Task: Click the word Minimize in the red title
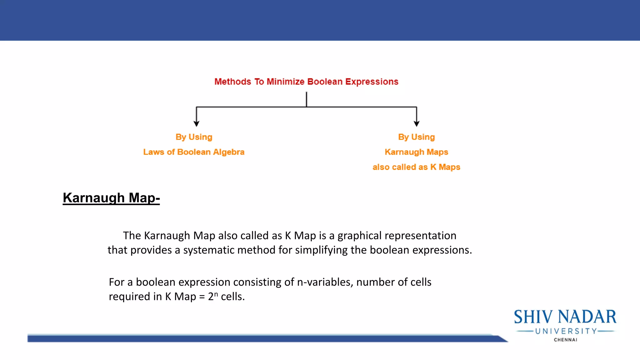pyautogui.click(x=285, y=82)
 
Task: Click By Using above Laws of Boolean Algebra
pyautogui.click(x=194, y=137)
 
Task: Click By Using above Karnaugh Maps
pyautogui.click(x=416, y=137)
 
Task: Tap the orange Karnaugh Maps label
pyautogui.click(x=416, y=152)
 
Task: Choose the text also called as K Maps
pyautogui.click(x=416, y=167)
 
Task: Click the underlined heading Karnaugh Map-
pyautogui.click(x=111, y=198)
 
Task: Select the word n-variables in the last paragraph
pyautogui.click(x=325, y=282)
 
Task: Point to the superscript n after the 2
pyautogui.click(x=216, y=294)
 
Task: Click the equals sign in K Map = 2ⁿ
pyautogui.click(x=202, y=297)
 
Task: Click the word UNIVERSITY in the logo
pyautogui.click(x=566, y=331)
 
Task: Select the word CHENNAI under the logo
pyautogui.click(x=565, y=340)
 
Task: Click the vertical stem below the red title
pyautogui.click(x=307, y=99)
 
